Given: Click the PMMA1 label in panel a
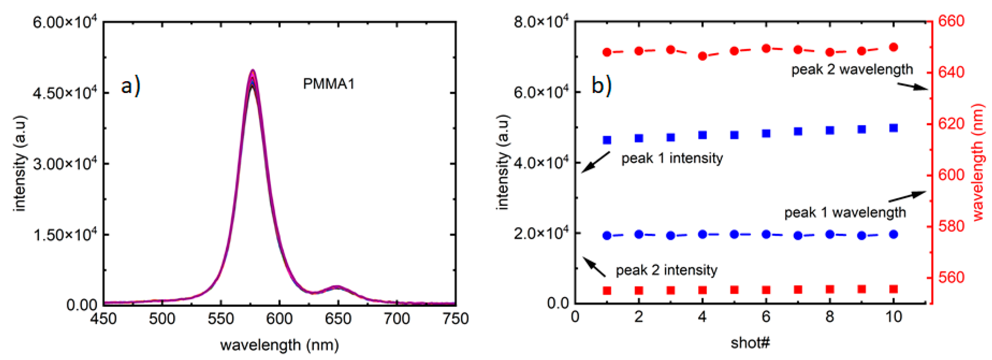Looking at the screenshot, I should pos(328,84).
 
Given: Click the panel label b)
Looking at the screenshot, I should pos(601,85).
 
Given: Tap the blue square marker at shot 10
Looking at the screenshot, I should pos(894,128).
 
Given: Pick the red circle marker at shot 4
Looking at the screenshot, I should pos(702,56).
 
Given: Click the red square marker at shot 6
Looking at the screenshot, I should pos(766,290).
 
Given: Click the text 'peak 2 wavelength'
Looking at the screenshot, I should pos(852,69).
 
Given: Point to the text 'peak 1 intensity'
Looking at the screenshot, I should pos(672,158).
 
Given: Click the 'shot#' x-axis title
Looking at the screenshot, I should pos(750,342).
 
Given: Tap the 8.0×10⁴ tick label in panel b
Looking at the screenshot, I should pos(541,22).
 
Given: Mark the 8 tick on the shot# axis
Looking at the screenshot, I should pos(830,317).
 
